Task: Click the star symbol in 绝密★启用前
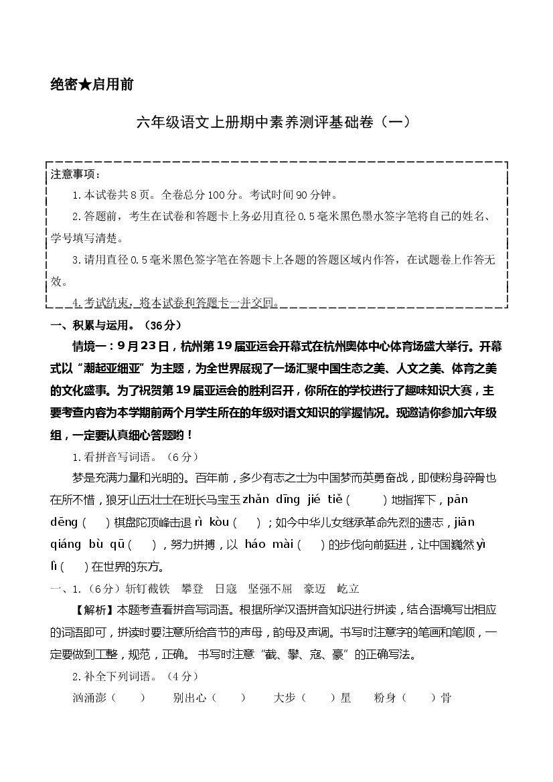click(x=86, y=85)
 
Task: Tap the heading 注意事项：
click(x=76, y=175)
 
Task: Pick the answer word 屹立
click(x=348, y=589)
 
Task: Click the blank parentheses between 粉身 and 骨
click(x=422, y=698)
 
